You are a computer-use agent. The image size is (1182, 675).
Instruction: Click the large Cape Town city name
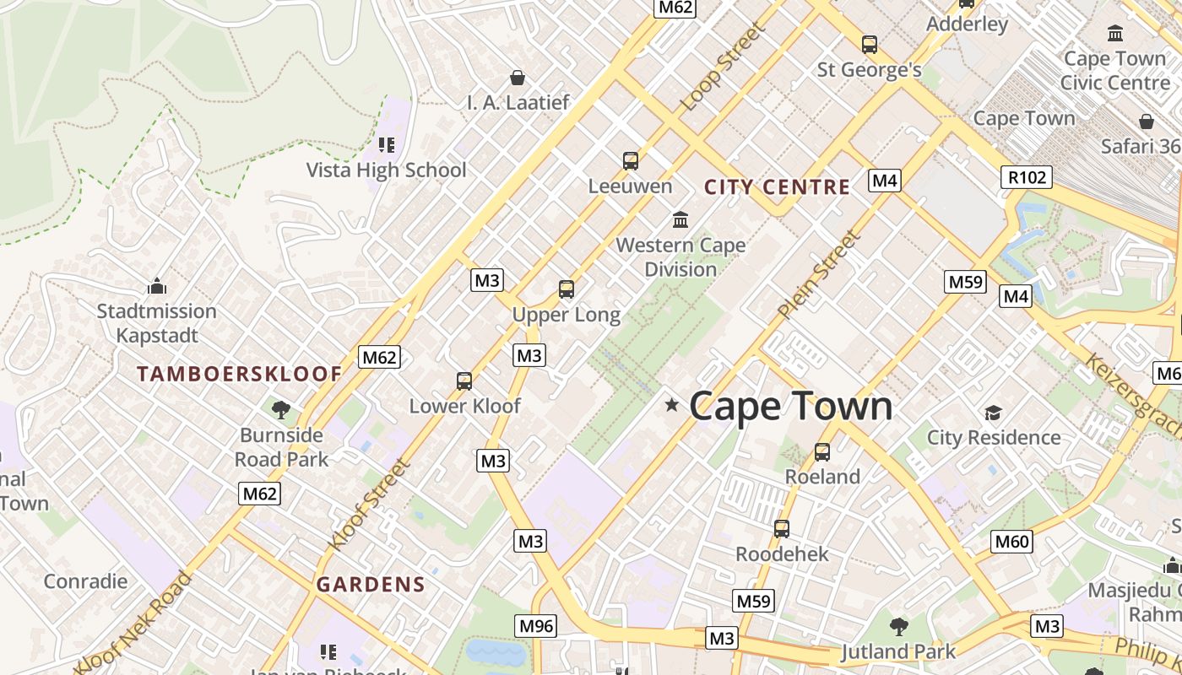click(x=790, y=406)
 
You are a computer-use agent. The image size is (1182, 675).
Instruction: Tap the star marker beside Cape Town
click(x=672, y=405)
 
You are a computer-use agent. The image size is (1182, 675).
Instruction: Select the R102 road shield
click(x=1027, y=177)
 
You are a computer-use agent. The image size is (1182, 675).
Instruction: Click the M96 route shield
click(x=536, y=626)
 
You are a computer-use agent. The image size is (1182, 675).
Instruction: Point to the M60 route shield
click(x=1011, y=542)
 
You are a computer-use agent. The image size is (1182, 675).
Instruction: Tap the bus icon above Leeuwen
click(x=630, y=161)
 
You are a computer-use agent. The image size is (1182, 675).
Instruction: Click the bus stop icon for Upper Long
click(x=566, y=289)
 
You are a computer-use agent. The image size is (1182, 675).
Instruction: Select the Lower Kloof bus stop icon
click(x=464, y=381)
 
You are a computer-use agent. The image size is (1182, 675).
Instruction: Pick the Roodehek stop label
click(x=782, y=554)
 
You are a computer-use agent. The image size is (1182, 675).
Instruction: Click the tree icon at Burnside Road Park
click(x=281, y=410)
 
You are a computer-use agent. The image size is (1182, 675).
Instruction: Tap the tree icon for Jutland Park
click(x=898, y=626)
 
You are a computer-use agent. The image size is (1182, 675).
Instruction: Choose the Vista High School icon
click(x=386, y=145)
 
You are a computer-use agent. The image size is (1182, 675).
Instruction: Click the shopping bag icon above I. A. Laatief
click(x=518, y=78)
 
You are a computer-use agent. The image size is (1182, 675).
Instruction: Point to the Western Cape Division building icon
click(x=680, y=220)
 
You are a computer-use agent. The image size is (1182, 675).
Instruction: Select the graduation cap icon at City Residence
click(x=993, y=413)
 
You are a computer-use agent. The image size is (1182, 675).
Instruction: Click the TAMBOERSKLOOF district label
click(x=240, y=374)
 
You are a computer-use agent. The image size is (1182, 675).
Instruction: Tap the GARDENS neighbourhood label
click(x=371, y=584)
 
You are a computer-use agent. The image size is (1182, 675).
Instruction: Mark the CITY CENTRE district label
click(x=777, y=187)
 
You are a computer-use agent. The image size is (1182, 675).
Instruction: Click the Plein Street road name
click(x=819, y=275)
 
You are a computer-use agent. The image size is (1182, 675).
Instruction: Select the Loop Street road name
click(x=723, y=67)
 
